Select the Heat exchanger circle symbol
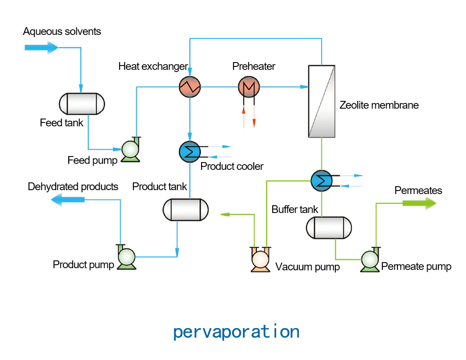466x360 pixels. click(190, 87)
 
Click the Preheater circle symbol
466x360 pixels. click(249, 87)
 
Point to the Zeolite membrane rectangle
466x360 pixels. click(321, 101)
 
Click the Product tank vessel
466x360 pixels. click(186, 210)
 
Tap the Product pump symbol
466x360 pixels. click(127, 257)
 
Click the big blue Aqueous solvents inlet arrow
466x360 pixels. click(41, 47)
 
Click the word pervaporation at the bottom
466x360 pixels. click(236, 332)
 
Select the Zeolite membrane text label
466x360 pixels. click(379, 105)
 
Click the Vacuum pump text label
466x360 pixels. click(308, 267)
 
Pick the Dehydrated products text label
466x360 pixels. click(73, 187)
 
